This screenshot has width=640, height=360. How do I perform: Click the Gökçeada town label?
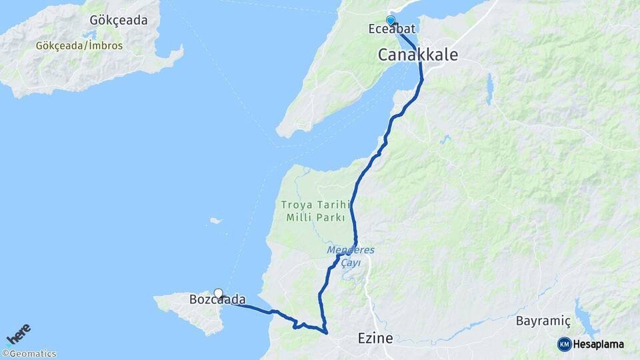pyautogui.click(x=119, y=20)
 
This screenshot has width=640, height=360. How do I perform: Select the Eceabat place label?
pyautogui.click(x=390, y=30)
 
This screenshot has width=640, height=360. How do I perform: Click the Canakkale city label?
pyautogui.click(x=418, y=55)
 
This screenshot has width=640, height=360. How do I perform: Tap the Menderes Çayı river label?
pyautogui.click(x=351, y=257)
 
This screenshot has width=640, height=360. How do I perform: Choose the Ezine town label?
pyautogui.click(x=375, y=338)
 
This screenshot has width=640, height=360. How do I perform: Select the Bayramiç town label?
pyautogui.click(x=544, y=321)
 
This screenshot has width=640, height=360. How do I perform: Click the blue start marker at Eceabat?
pyautogui.click(x=391, y=20)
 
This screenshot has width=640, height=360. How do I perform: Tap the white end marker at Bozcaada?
pyautogui.click(x=218, y=293)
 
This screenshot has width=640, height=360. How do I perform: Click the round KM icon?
pyautogui.click(x=565, y=344)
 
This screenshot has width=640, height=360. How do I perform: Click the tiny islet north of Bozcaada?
pyautogui.click(x=215, y=221)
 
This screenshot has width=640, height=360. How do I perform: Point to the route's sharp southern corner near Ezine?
pyautogui.click(x=326, y=331)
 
